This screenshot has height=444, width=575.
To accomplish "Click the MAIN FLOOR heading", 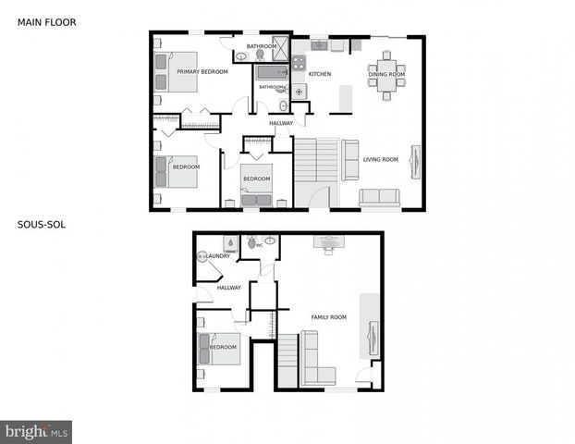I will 47,21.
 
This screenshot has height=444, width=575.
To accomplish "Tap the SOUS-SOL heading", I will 41,224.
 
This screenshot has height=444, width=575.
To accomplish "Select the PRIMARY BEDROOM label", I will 202,71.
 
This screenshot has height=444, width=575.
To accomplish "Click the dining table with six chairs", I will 386,74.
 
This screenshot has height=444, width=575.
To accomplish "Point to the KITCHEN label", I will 320,74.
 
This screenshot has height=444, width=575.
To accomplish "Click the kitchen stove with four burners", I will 299,64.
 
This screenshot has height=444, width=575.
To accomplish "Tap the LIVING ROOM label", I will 381,159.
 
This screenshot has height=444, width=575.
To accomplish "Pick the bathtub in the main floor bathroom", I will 273,72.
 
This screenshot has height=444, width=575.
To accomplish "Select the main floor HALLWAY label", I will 281,123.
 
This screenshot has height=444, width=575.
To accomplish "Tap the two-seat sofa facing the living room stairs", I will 350,159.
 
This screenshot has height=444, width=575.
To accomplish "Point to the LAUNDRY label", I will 218,255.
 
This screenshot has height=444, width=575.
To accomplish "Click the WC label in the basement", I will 260,245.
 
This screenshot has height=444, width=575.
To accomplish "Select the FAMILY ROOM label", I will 328,317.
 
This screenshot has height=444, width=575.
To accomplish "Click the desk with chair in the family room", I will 328,243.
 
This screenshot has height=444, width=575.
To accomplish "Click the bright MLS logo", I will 36,431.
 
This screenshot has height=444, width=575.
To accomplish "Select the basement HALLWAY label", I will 228,288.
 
